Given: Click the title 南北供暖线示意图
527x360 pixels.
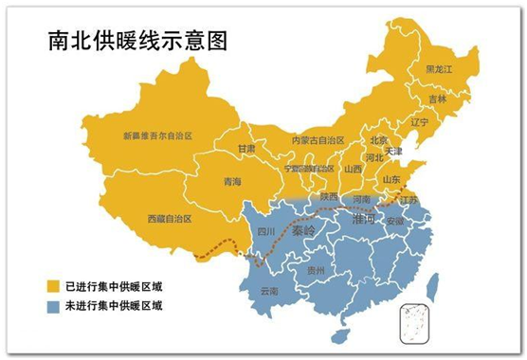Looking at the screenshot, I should (x=131, y=42).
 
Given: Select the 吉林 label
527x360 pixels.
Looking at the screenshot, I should (x=437, y=99).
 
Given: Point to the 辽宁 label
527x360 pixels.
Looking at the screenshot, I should (x=419, y=122).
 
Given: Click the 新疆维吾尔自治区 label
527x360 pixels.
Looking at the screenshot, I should (x=157, y=136).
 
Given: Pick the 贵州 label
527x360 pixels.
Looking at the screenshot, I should (x=317, y=271).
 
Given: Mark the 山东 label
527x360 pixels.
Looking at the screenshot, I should (x=391, y=179).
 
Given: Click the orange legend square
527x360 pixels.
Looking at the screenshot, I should (x=56, y=285).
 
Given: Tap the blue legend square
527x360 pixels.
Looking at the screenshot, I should (x=56, y=306).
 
